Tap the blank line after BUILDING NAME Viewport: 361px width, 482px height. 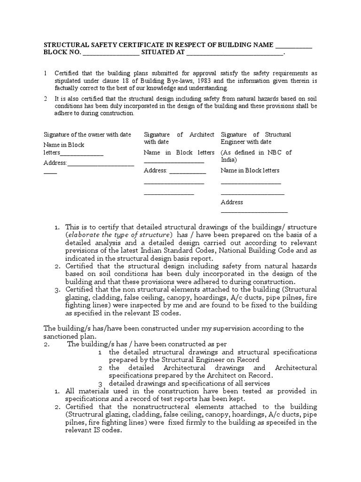(x=293, y=46)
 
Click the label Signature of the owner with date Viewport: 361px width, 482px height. (x=87, y=135)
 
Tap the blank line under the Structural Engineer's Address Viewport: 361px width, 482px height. (x=254, y=212)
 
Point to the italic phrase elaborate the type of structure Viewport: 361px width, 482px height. (x=119, y=235)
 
